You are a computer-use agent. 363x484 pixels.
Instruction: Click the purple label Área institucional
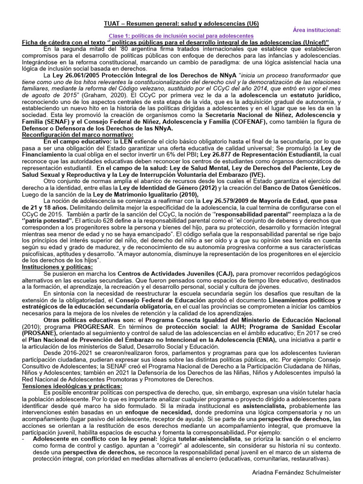pyautogui.click(x=320, y=30)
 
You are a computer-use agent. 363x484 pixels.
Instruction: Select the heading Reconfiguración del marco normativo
pyautogui.click(x=78, y=135)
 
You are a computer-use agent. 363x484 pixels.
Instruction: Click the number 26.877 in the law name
pyautogui.click(x=223, y=155)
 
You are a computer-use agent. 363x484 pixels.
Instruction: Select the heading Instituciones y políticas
pyautogui.click(x=58, y=267)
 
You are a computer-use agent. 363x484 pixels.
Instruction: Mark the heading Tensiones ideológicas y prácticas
pyautogui.click(x=72, y=386)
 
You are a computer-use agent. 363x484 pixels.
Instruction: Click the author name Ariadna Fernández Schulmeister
pyautogui.click(x=308, y=472)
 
